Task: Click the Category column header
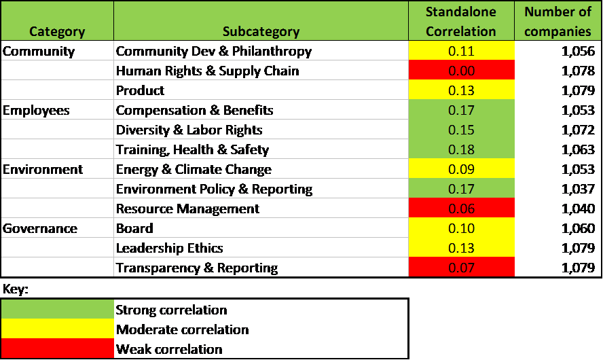tap(57, 31)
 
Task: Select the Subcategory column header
tap(261, 31)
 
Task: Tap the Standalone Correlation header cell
tap(461, 21)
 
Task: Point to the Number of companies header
tap(558, 21)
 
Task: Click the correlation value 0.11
tap(461, 51)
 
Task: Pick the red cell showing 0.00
tap(461, 71)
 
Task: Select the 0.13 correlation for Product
tap(461, 90)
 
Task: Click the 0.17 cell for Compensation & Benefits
tap(461, 110)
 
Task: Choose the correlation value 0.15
tap(461, 130)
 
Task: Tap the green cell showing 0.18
tap(461, 149)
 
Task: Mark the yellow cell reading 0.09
tap(461, 169)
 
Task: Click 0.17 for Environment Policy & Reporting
tap(461, 189)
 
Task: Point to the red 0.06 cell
tap(461, 209)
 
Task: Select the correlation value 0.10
tap(461, 228)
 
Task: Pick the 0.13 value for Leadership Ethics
tap(461, 248)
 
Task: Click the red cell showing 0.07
tap(461, 268)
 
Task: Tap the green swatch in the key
tap(58, 310)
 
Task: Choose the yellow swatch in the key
tap(58, 329)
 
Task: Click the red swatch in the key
tap(58, 348)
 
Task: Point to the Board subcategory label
tap(133, 228)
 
